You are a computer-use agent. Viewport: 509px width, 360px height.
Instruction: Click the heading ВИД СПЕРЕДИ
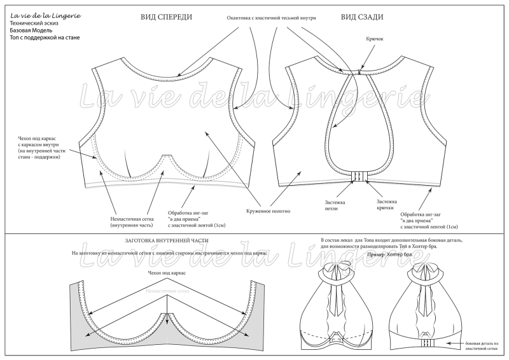tap(166, 17)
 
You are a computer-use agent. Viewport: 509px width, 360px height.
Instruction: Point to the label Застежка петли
tap(335, 205)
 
